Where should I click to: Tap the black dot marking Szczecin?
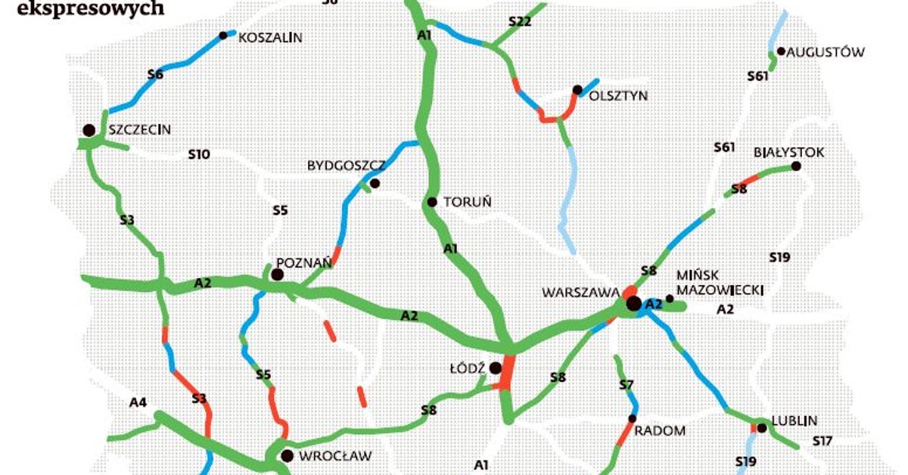point(89,130)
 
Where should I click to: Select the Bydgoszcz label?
point(346,165)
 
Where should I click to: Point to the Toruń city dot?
point(432,202)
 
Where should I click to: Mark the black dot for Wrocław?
point(287,455)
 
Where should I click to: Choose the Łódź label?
point(466,368)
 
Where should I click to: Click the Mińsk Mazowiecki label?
point(719,282)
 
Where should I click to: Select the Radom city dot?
point(632,418)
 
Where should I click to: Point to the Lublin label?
point(795,421)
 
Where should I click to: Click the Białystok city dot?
point(795,166)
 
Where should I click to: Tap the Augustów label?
point(826,52)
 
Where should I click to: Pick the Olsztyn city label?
point(618,96)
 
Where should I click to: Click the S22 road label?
point(520,22)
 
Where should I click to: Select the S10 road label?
point(198,155)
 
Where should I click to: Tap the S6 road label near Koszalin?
point(155,74)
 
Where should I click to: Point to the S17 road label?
point(822,441)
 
